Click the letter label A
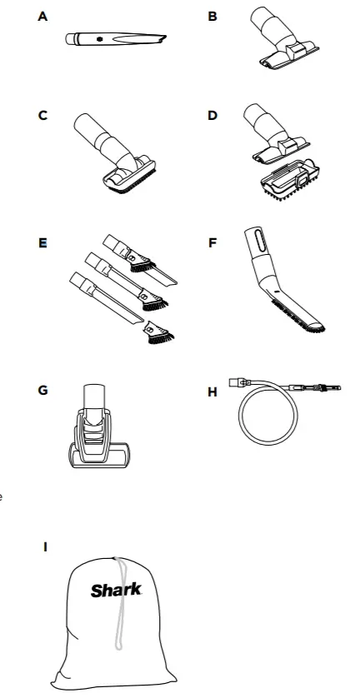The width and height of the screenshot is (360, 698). (42, 16)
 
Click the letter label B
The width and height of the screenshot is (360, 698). (212, 16)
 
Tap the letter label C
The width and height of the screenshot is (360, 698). (42, 116)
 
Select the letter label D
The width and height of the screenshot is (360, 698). (212, 116)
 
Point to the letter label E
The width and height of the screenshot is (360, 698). (42, 244)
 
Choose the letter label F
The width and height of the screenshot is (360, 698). (212, 244)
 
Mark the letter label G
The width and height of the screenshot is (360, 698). (42, 389)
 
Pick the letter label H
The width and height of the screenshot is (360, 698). (212, 389)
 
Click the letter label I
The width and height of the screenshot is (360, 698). (45, 546)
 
